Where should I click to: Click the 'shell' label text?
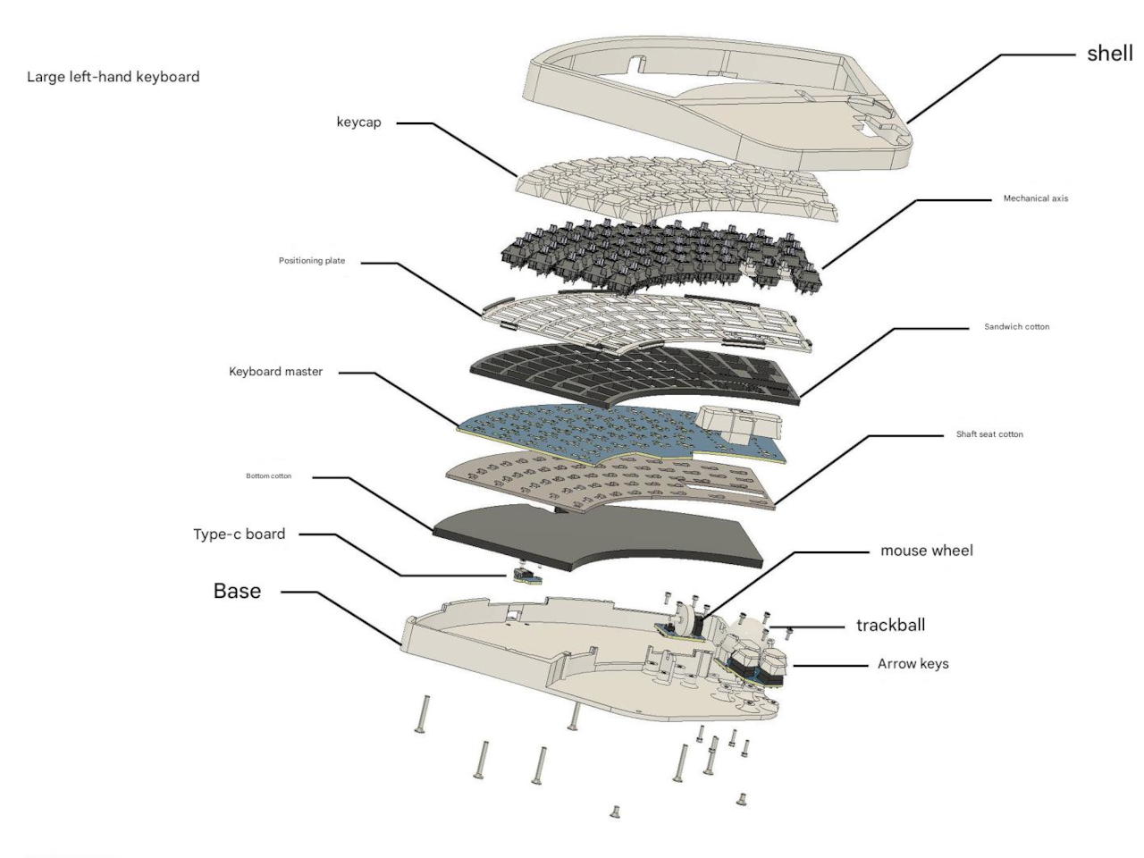tap(1109, 54)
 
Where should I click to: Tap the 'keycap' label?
tap(358, 122)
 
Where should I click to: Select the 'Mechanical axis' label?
tap(1035, 198)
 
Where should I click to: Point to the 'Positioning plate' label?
tap(311, 261)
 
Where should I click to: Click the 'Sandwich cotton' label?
tap(1016, 327)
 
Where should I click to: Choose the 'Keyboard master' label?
tap(275, 372)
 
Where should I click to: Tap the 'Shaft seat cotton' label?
tap(989, 434)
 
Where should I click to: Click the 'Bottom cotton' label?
tap(268, 476)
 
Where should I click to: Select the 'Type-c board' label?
tap(239, 534)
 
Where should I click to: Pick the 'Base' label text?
tap(237, 591)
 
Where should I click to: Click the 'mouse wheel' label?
tap(926, 551)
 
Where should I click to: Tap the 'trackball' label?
tap(890, 626)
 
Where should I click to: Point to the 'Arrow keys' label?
tap(913, 664)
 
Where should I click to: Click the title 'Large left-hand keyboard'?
tap(113, 77)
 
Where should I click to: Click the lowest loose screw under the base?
tap(615, 812)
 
